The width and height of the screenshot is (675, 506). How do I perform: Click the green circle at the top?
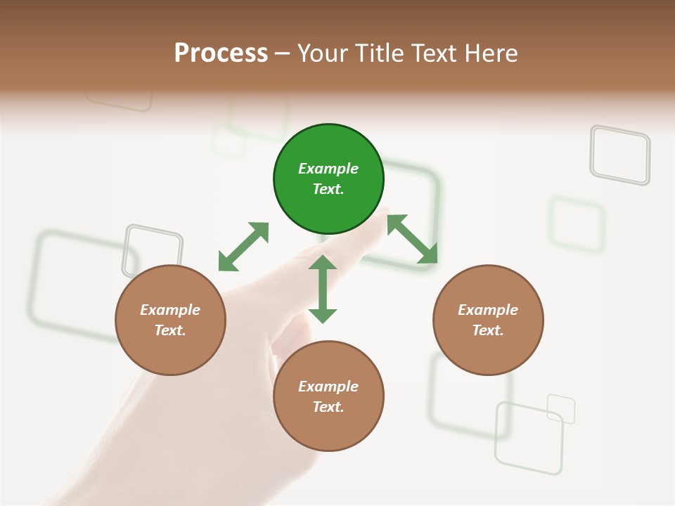click(x=328, y=179)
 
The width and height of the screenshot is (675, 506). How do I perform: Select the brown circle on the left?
click(x=170, y=320)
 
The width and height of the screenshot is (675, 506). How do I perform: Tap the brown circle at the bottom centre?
click(x=328, y=396)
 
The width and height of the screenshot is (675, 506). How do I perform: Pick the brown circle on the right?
click(x=488, y=320)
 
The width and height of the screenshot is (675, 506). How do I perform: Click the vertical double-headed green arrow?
click(x=323, y=289)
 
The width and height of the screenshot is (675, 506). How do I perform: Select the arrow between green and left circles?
click(x=243, y=247)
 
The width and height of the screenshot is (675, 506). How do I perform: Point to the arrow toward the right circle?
click(x=412, y=239)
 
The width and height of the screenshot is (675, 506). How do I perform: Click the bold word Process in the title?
click(x=221, y=53)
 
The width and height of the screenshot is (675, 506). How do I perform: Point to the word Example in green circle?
click(x=328, y=169)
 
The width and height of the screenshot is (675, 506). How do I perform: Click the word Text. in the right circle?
click(x=488, y=330)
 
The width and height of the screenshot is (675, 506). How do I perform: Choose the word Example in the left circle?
click(x=170, y=310)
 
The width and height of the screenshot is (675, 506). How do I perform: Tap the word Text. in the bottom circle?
click(x=328, y=407)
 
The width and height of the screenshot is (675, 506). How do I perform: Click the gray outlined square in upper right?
click(x=619, y=155)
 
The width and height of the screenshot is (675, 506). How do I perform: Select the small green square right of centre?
click(x=577, y=224)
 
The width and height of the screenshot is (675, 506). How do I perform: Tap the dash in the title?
click(x=282, y=53)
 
